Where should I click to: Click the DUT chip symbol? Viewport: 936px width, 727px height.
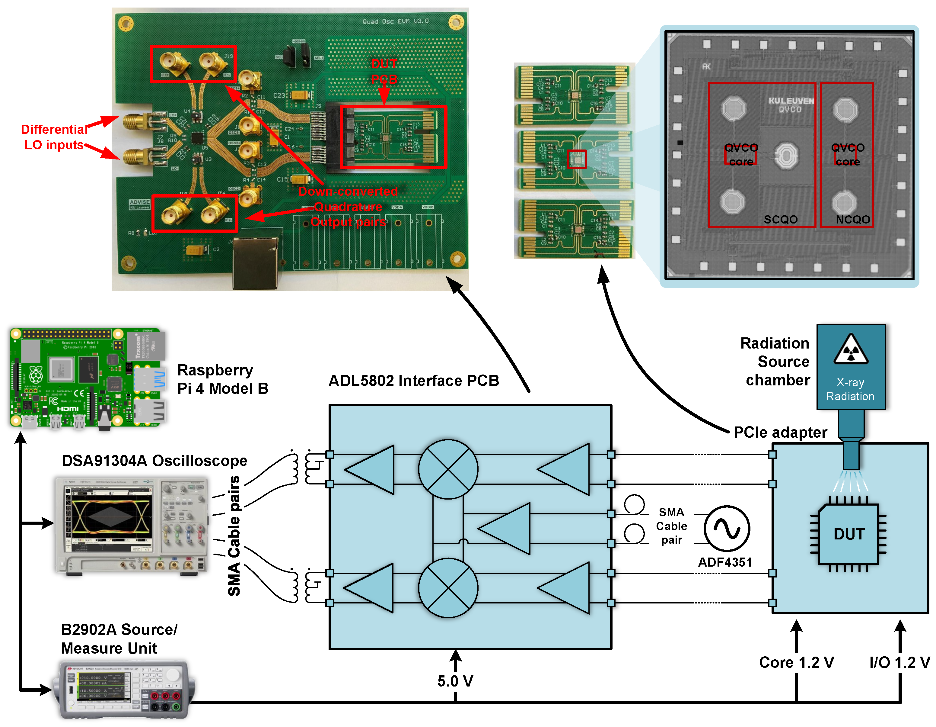point(848,534)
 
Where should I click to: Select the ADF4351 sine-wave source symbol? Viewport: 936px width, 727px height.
point(726,529)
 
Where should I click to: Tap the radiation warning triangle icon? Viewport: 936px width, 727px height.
point(851,349)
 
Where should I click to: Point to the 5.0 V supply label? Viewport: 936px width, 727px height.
point(455,681)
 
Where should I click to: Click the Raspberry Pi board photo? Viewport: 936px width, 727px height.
point(88,378)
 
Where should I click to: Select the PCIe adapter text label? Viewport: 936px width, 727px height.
point(780,432)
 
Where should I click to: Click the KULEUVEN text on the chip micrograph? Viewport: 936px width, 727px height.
point(791,101)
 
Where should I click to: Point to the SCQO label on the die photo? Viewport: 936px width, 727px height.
point(780,220)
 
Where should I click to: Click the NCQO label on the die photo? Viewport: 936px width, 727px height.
point(852,220)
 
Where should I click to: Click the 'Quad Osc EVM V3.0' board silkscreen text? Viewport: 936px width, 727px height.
point(395,21)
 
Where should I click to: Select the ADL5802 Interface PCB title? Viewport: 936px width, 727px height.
point(414,381)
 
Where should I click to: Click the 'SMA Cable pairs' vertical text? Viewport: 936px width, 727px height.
point(234,536)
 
